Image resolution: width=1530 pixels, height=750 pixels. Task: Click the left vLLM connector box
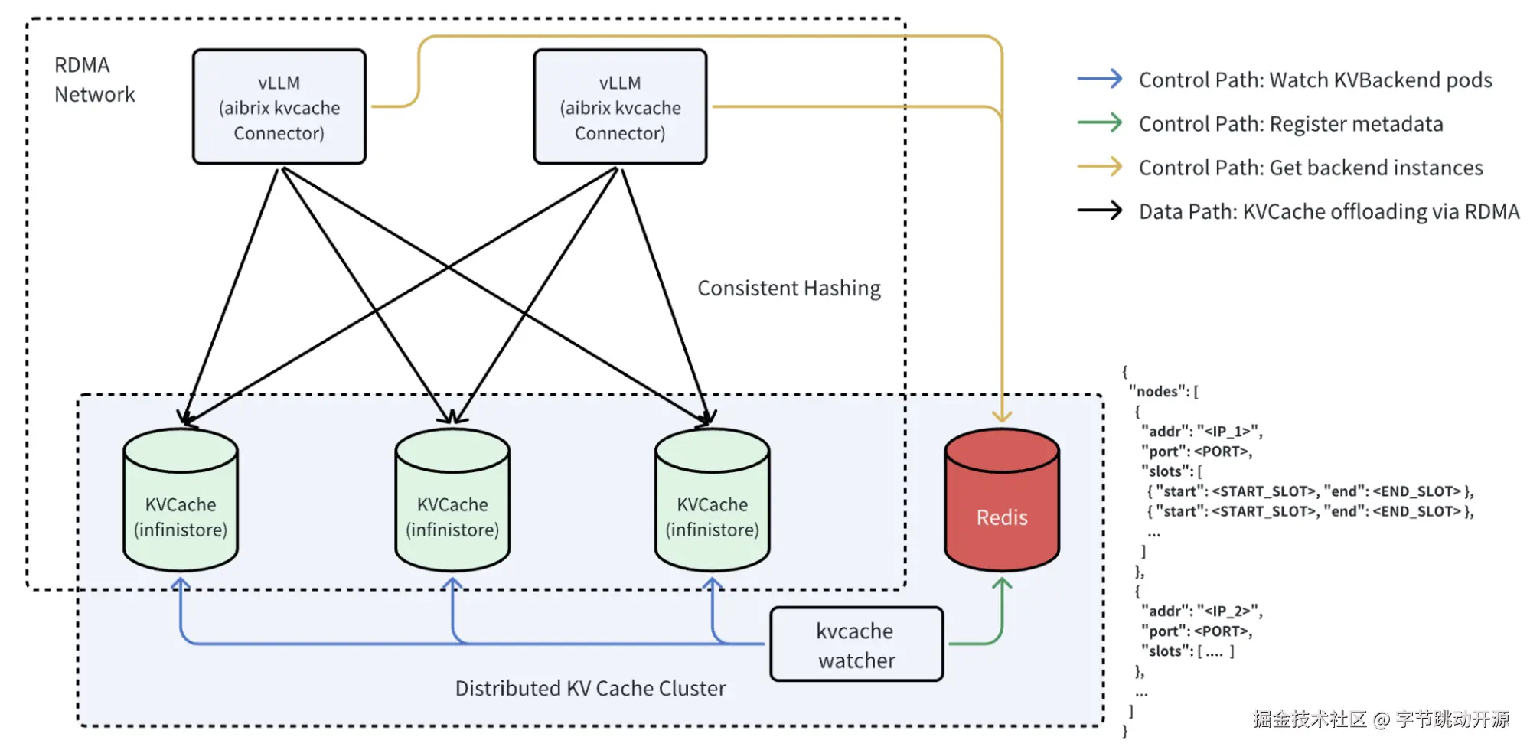(x=279, y=107)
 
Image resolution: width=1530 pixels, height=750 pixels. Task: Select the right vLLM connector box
(x=620, y=107)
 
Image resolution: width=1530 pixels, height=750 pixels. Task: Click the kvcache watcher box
(x=856, y=644)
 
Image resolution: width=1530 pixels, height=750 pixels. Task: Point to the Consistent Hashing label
(x=788, y=289)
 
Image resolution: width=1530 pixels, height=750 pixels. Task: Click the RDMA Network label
(x=93, y=80)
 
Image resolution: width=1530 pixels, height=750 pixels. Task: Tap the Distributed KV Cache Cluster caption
(x=590, y=689)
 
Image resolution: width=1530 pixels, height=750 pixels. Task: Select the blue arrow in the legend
(x=1099, y=79)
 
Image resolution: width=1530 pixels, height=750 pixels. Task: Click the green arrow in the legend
(x=1099, y=122)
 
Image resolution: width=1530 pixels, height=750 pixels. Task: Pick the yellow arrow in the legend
(x=1099, y=166)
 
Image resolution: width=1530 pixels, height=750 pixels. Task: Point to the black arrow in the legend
(x=1099, y=210)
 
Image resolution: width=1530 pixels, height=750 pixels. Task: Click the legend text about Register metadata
(x=1290, y=124)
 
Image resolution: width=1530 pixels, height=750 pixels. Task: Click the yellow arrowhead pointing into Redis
(x=1002, y=416)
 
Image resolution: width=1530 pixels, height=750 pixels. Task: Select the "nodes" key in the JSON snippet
(x=1157, y=392)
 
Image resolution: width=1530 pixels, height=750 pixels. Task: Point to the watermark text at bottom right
(x=1381, y=719)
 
